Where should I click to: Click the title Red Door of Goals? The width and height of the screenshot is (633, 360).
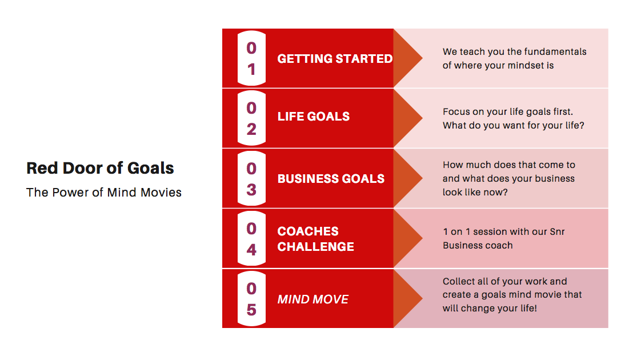click(x=100, y=169)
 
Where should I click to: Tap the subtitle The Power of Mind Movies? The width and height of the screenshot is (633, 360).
click(x=104, y=193)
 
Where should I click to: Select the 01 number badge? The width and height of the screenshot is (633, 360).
click(x=251, y=58)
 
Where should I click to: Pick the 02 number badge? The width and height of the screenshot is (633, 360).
click(x=251, y=118)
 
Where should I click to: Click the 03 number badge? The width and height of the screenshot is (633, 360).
click(x=251, y=178)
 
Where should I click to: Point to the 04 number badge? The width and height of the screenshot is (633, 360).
click(x=251, y=238)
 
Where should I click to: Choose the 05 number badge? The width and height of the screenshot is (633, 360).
click(x=251, y=299)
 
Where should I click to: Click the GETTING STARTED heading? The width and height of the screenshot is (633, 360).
click(x=335, y=58)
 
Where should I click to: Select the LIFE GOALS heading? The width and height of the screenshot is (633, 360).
click(x=313, y=116)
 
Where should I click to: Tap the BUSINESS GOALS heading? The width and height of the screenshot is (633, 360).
click(x=331, y=178)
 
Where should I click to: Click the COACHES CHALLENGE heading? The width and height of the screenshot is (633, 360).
click(x=316, y=238)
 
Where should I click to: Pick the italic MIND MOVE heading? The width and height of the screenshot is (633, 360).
click(x=313, y=299)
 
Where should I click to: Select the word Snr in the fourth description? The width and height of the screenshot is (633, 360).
click(x=557, y=231)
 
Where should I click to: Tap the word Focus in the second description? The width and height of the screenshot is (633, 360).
click(x=455, y=112)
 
